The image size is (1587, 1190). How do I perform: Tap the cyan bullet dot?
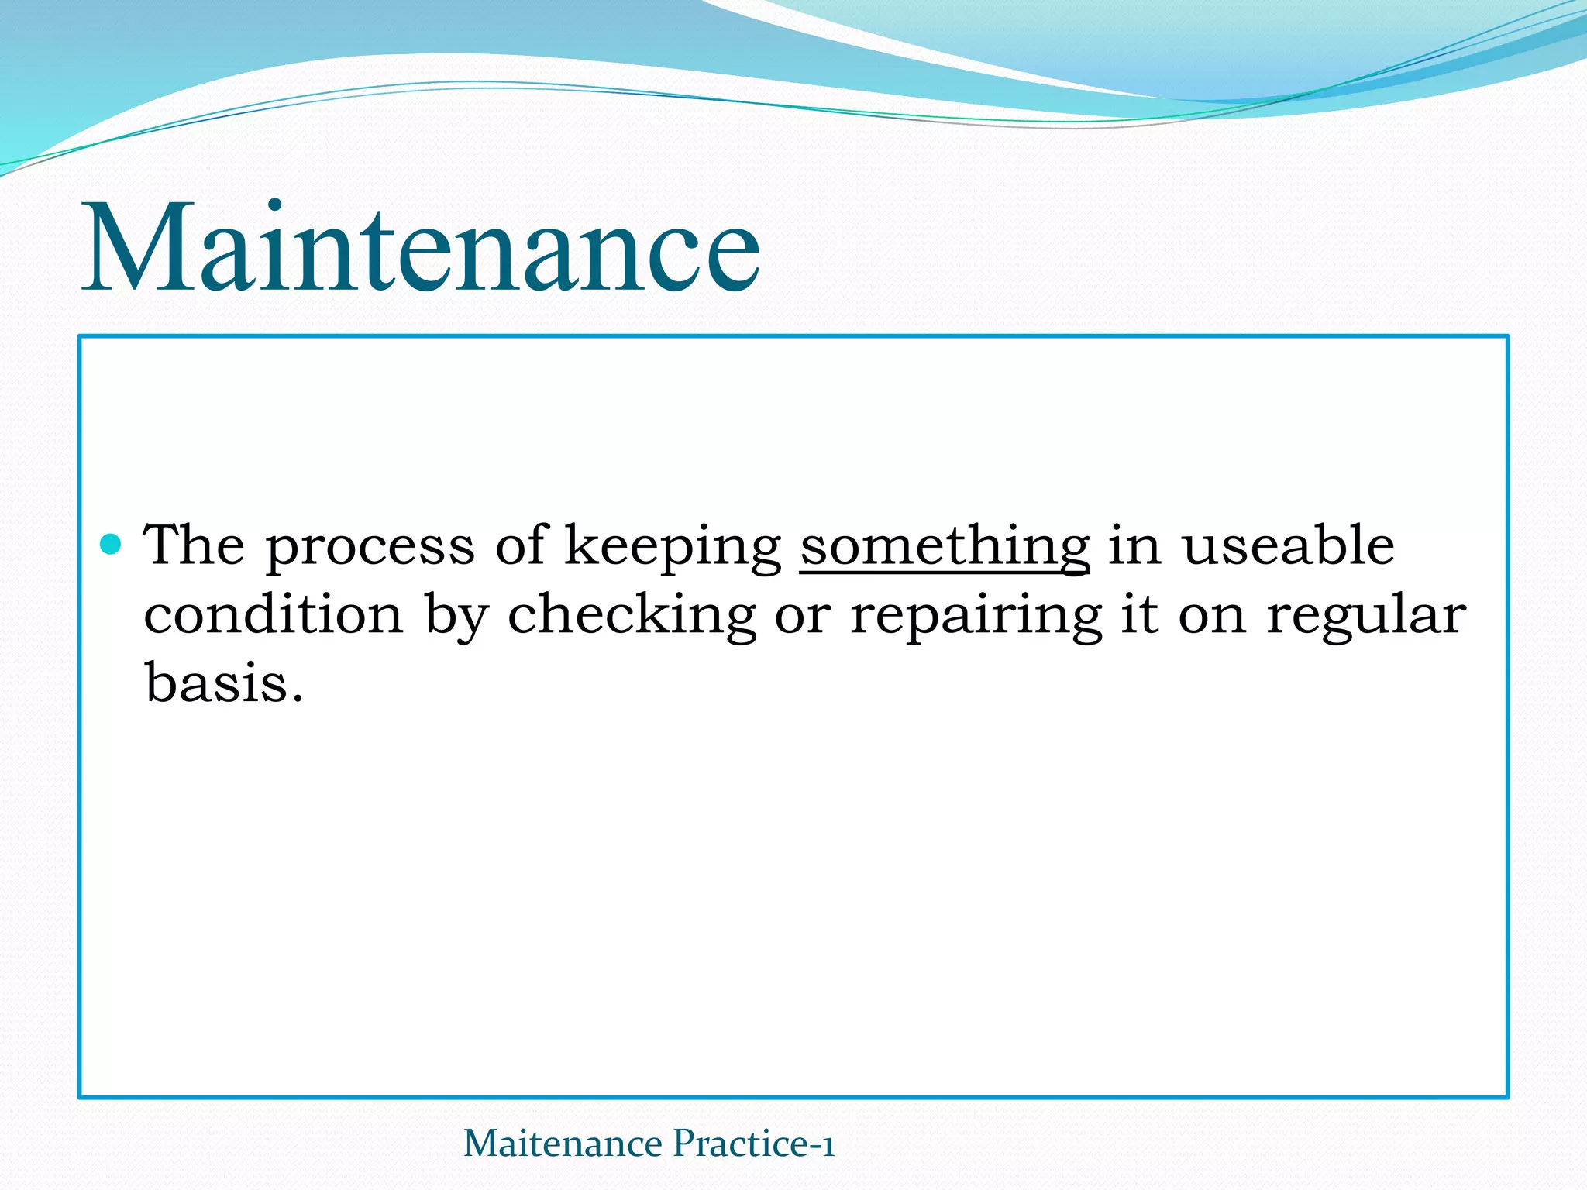point(112,545)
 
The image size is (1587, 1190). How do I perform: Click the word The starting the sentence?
point(194,545)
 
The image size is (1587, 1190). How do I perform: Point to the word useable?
point(1288,545)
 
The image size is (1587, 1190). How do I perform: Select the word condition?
point(274,614)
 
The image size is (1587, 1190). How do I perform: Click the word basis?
point(216,683)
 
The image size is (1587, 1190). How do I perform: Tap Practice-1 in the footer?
point(753,1144)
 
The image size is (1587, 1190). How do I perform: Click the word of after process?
point(522,545)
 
